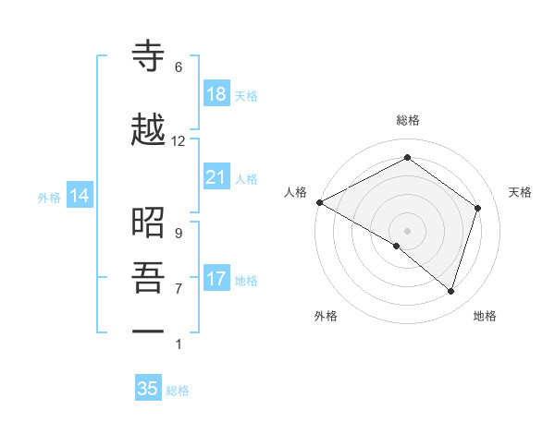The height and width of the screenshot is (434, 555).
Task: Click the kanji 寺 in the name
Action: [x=148, y=56]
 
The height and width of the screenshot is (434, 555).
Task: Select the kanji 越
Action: [x=148, y=130]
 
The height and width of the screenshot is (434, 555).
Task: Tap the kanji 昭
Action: [x=148, y=223]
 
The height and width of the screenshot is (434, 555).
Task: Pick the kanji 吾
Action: [x=148, y=278]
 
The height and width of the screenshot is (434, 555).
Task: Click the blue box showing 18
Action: [x=216, y=94]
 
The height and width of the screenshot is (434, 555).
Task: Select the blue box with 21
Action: [x=216, y=177]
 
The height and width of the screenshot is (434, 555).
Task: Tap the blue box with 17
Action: [x=216, y=279]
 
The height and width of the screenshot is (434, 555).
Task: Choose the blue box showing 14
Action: [x=80, y=196]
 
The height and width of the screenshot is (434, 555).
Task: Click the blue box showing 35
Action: [x=148, y=389]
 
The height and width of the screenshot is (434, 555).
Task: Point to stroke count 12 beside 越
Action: [x=179, y=141]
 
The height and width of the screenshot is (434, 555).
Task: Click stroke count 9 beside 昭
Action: [x=179, y=233]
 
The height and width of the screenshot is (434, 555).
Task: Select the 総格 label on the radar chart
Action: [x=408, y=120]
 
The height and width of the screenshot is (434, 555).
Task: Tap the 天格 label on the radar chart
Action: [x=521, y=192]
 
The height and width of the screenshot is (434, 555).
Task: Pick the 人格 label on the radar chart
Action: [x=296, y=192]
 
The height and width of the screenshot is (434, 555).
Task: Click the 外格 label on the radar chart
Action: [x=326, y=316]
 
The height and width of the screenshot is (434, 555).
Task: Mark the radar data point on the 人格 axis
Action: [x=319, y=202]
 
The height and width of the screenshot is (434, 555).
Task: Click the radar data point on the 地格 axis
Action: [x=450, y=291]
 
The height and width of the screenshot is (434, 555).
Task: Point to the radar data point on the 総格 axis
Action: [x=407, y=158]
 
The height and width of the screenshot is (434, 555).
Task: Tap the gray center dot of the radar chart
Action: [x=407, y=230]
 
